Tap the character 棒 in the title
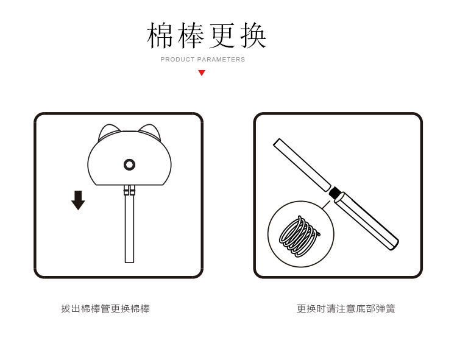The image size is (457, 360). [192, 36]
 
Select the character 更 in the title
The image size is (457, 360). [223, 36]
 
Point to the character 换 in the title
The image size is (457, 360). [253, 36]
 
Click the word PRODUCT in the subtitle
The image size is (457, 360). [177, 60]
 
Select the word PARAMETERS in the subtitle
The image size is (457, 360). [221, 60]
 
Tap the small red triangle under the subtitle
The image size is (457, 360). [202, 73]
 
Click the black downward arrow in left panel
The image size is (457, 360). [78, 200]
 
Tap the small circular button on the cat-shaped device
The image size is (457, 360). [129, 164]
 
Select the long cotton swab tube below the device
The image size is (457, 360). [129, 228]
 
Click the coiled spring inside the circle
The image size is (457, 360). [299, 236]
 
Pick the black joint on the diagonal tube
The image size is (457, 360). [335, 192]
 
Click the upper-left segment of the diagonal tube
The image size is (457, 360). [302, 164]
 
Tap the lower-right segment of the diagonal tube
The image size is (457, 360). [367, 221]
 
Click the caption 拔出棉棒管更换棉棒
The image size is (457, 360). [105, 309]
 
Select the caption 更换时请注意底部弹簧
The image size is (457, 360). [345, 309]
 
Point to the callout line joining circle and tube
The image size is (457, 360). [327, 203]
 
